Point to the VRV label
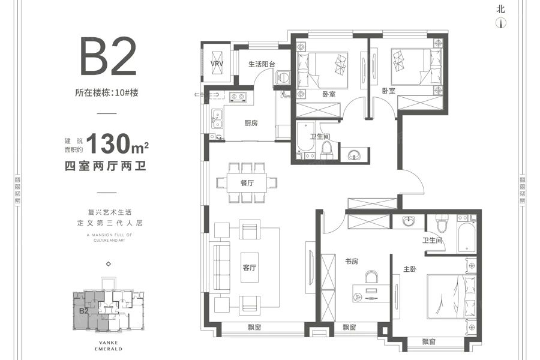click(x=216, y=64)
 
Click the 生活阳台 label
click(x=262, y=64)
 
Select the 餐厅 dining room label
click(x=247, y=183)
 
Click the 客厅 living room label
click(x=250, y=268)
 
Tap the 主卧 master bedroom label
click(x=410, y=269)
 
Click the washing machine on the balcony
click(x=282, y=77)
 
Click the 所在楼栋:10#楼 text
click(x=106, y=93)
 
